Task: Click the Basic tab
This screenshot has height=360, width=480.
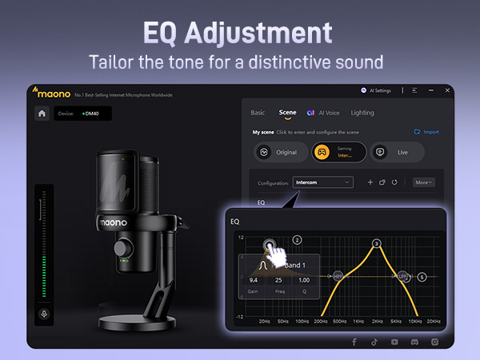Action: coord(258,113)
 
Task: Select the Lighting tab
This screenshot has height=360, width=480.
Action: coord(362,113)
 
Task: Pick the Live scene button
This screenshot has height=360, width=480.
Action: coord(396,152)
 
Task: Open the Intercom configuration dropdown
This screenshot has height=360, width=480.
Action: coord(322,182)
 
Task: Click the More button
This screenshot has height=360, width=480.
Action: coord(424,182)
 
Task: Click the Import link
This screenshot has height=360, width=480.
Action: coord(426,132)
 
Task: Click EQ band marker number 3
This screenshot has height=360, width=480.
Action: coord(377,243)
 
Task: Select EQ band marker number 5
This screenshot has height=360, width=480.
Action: coord(422,277)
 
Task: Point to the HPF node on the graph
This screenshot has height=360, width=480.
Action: coord(338,276)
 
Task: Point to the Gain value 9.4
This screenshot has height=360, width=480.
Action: coord(254,281)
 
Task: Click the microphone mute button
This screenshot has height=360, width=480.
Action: coord(44,314)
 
